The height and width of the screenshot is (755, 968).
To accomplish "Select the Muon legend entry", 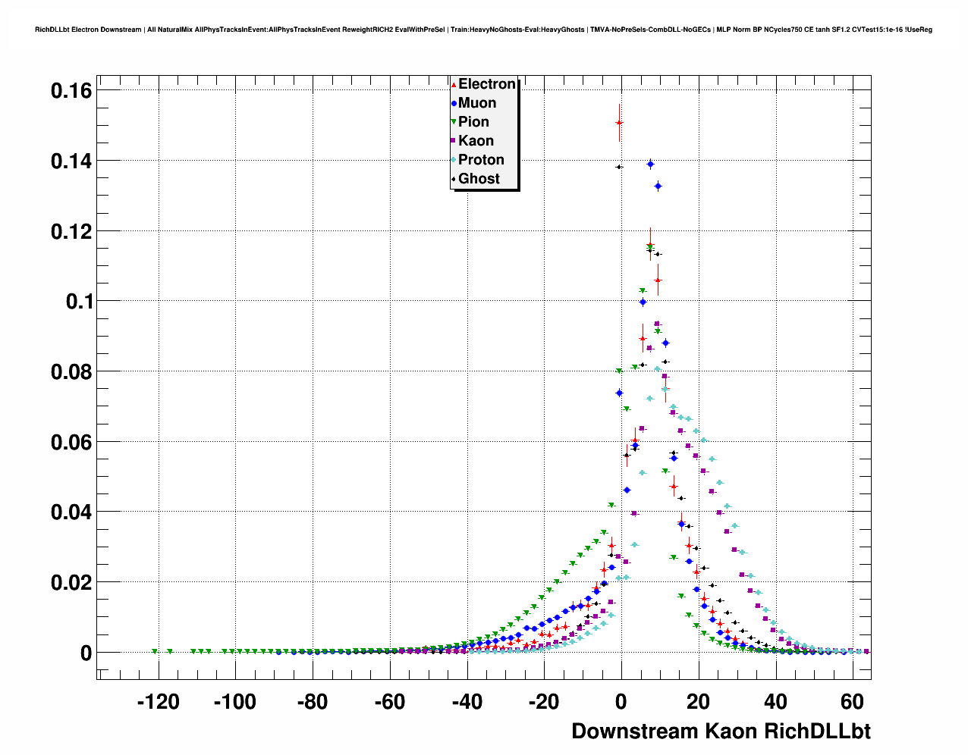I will tap(476, 103).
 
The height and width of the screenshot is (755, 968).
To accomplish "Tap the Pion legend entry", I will tap(473, 122).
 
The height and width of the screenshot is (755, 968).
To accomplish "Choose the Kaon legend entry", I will tap(475, 141).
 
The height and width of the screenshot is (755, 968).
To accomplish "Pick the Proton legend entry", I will tap(480, 160).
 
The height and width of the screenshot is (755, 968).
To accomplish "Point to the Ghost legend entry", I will tap(478, 179).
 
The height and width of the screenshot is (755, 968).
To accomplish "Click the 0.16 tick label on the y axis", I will tap(71, 91).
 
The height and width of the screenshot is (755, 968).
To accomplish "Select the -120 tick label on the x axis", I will tap(158, 703).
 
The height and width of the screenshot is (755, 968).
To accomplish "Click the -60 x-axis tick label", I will tap(389, 703).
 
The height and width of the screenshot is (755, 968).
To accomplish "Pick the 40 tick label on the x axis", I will tap(775, 703).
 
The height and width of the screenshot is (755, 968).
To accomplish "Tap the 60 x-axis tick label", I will tap(853, 703).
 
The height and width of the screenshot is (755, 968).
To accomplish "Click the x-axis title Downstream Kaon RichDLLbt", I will tap(721, 732).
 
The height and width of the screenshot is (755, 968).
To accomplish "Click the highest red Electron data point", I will tap(619, 123).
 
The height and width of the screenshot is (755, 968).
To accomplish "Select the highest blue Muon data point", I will tap(650, 164).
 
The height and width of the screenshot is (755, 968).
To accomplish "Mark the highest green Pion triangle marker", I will tap(642, 291).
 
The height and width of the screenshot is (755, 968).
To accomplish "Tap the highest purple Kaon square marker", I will tap(658, 324).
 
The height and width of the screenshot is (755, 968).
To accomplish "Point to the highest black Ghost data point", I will tap(619, 167).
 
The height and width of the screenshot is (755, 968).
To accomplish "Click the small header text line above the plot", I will tap(483, 30).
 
